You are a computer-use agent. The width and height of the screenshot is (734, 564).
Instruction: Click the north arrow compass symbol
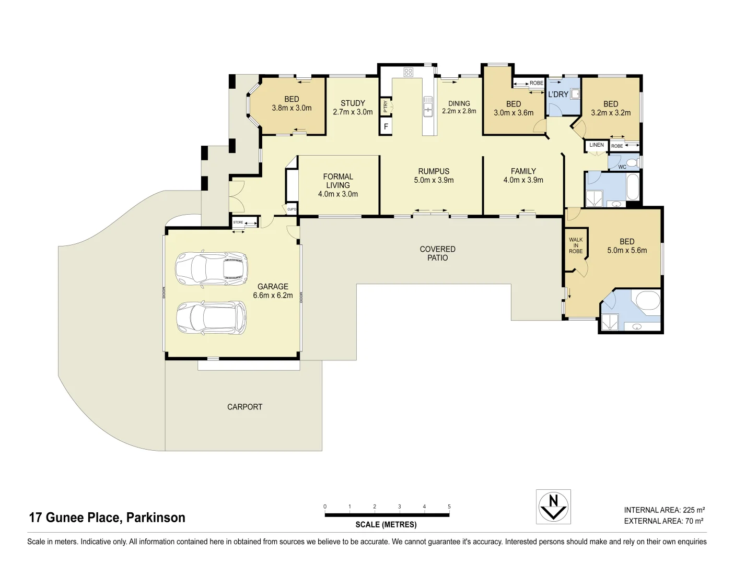[x=553, y=507]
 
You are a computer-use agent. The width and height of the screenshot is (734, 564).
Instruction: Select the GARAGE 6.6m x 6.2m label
[x=273, y=291]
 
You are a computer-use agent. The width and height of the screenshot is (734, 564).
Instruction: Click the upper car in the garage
[x=211, y=269]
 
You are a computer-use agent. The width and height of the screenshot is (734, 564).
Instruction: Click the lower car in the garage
[x=211, y=317]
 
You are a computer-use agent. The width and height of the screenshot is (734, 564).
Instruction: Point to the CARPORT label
[x=244, y=407]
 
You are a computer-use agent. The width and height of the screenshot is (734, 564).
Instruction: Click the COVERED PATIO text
[x=437, y=253]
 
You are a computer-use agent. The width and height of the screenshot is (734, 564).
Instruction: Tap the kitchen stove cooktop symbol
[x=408, y=73]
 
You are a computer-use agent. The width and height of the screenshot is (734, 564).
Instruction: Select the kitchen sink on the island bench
[x=428, y=106]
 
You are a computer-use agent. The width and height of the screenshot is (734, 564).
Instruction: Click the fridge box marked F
[x=386, y=127]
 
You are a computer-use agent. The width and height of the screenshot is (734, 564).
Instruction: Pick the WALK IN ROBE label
[x=576, y=245]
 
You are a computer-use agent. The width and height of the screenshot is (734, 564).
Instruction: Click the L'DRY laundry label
[x=557, y=95]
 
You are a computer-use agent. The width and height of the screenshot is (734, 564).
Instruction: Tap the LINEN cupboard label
[x=596, y=145]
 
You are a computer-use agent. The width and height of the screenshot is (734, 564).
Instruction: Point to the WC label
[x=622, y=167]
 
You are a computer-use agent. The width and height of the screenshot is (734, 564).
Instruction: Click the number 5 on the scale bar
[x=449, y=507]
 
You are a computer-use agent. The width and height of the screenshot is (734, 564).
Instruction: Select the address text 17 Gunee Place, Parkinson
[x=107, y=518]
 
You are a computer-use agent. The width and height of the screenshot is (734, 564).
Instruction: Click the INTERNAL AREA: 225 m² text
[x=664, y=510]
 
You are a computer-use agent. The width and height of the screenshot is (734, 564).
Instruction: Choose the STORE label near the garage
[x=238, y=222]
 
